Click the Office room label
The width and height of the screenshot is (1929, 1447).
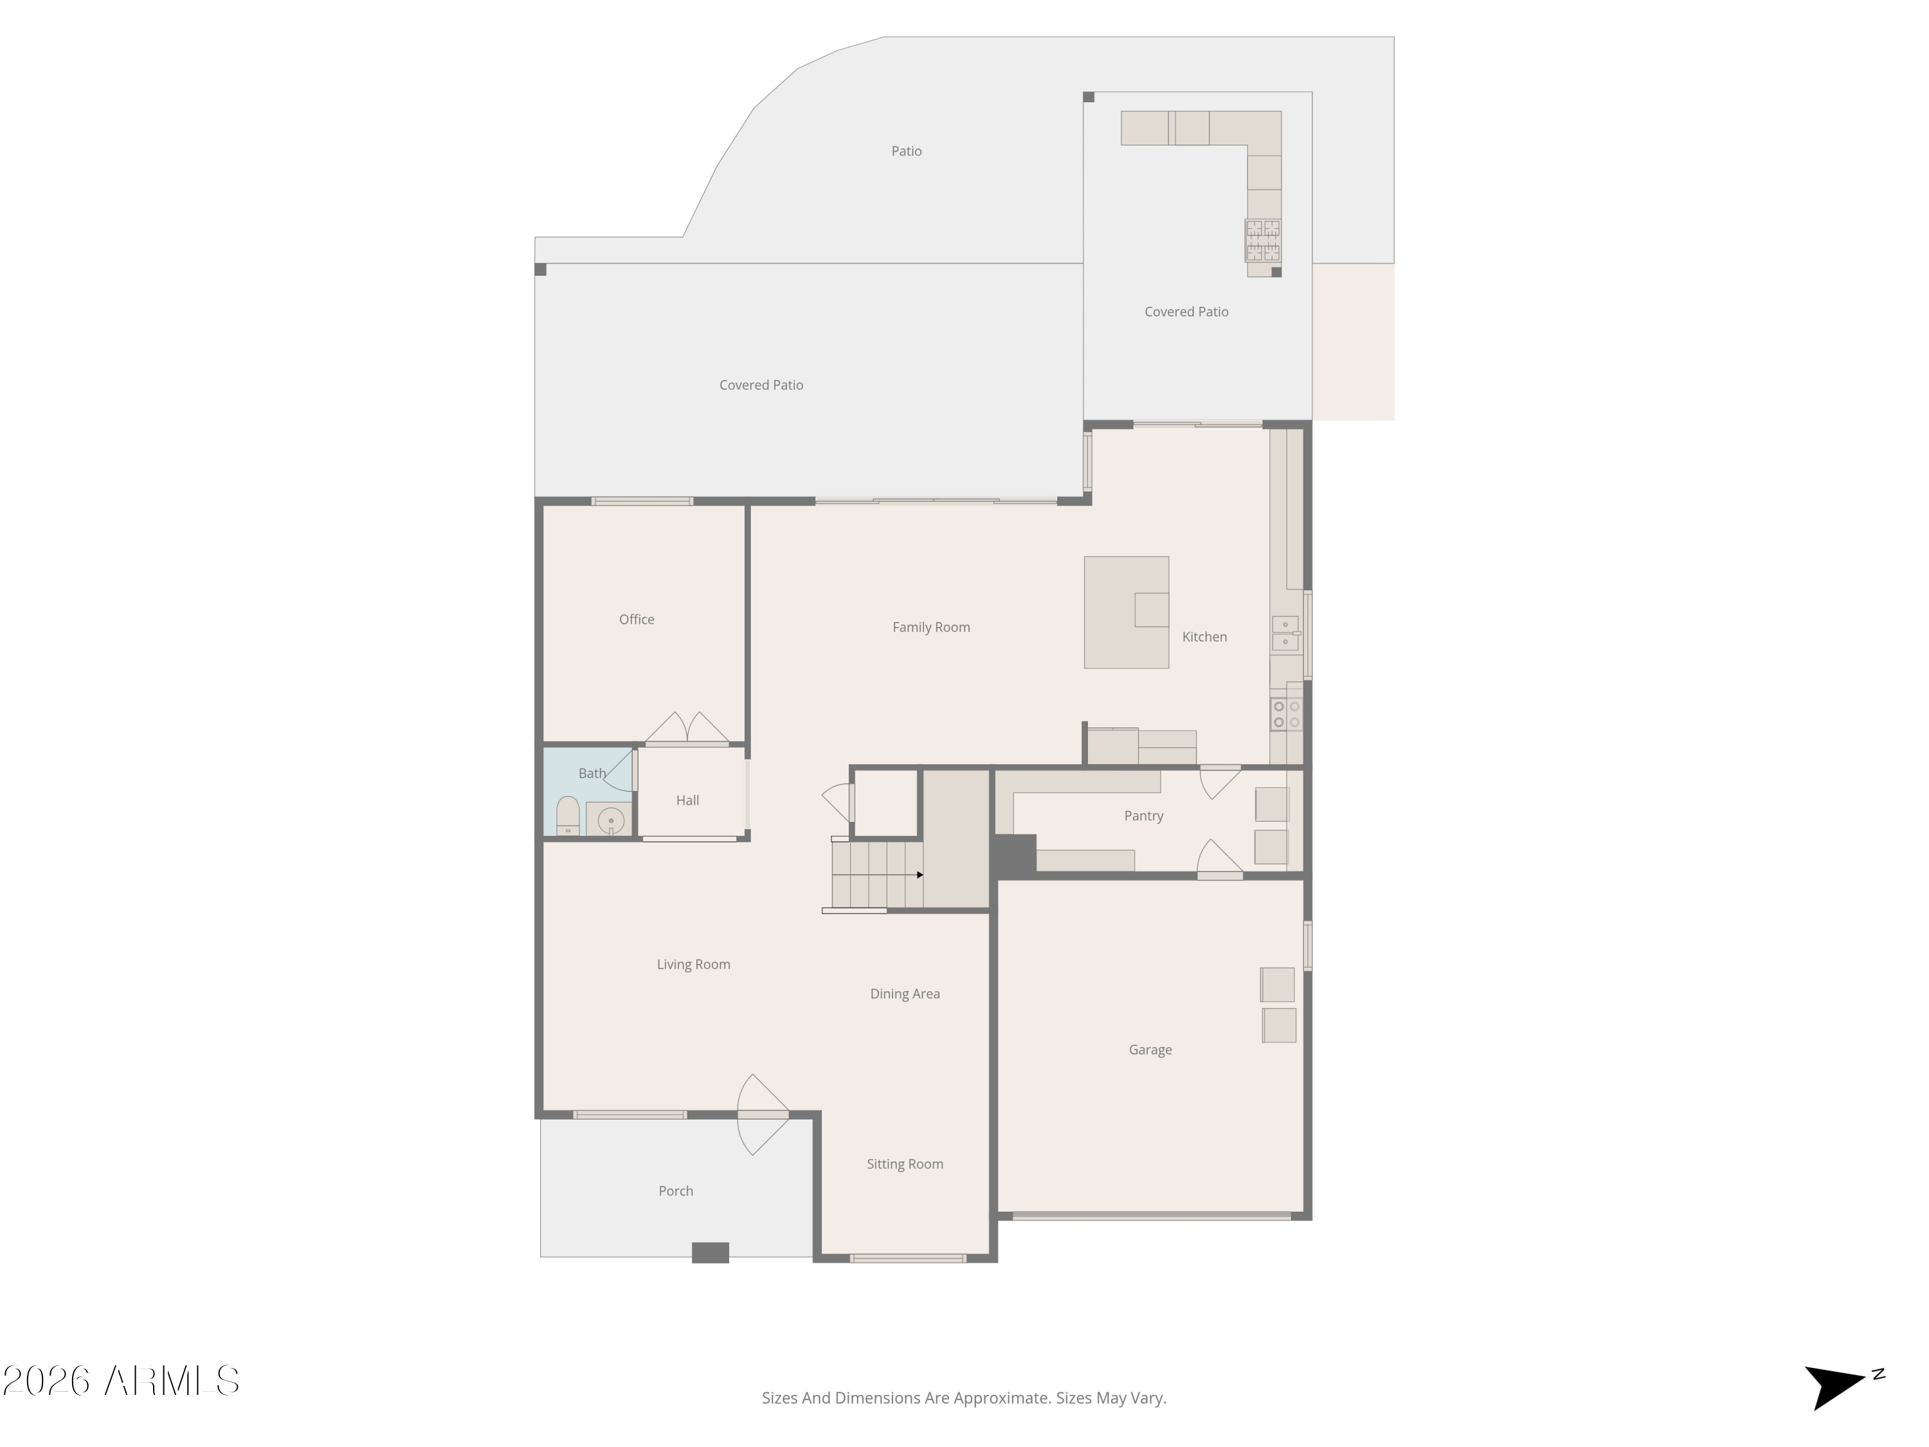pyautogui.click(x=636, y=619)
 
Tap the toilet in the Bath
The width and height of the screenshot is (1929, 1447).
pyautogui.click(x=568, y=816)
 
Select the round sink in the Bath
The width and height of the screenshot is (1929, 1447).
pyautogui.click(x=610, y=821)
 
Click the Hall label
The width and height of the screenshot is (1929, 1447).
pyautogui.click(x=687, y=800)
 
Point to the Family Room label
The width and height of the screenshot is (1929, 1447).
pyautogui.click(x=930, y=627)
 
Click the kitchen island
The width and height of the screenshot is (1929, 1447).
pyautogui.click(x=1126, y=612)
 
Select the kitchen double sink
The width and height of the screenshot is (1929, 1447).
pyautogui.click(x=1285, y=633)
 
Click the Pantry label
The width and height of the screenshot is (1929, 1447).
pyautogui.click(x=1143, y=815)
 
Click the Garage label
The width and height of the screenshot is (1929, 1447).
pyautogui.click(x=1150, y=1050)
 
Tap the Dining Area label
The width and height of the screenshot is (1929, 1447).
pyautogui.click(x=904, y=994)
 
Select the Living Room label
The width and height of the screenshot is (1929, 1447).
pyautogui.click(x=693, y=964)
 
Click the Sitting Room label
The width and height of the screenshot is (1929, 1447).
pyautogui.click(x=904, y=1163)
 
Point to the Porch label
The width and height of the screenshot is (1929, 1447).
pyautogui.click(x=676, y=1190)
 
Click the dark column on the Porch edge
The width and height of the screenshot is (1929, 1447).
pyautogui.click(x=710, y=1253)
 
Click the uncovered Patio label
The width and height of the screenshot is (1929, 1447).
pyautogui.click(x=906, y=151)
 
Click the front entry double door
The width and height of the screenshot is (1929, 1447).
pyautogui.click(x=763, y=1115)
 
